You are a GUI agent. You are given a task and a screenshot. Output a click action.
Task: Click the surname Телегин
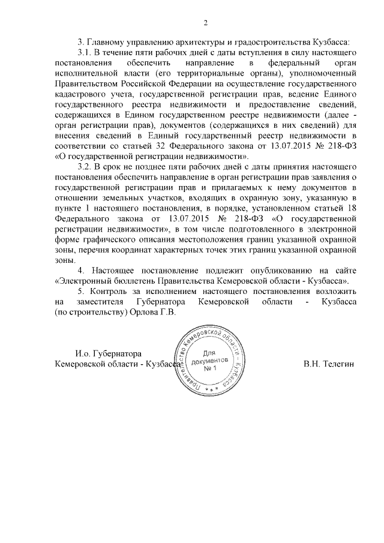(x=339, y=364)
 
